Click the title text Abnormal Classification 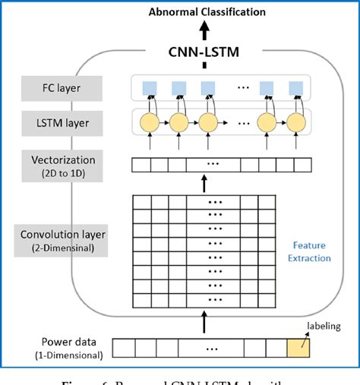pos(207,11)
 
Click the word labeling pos(324,327)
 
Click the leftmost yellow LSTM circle pos(149,123)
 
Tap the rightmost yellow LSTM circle pos(294,123)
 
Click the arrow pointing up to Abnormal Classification pos(204,30)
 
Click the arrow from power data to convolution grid pos(204,325)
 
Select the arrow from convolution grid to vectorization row pos(204,183)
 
